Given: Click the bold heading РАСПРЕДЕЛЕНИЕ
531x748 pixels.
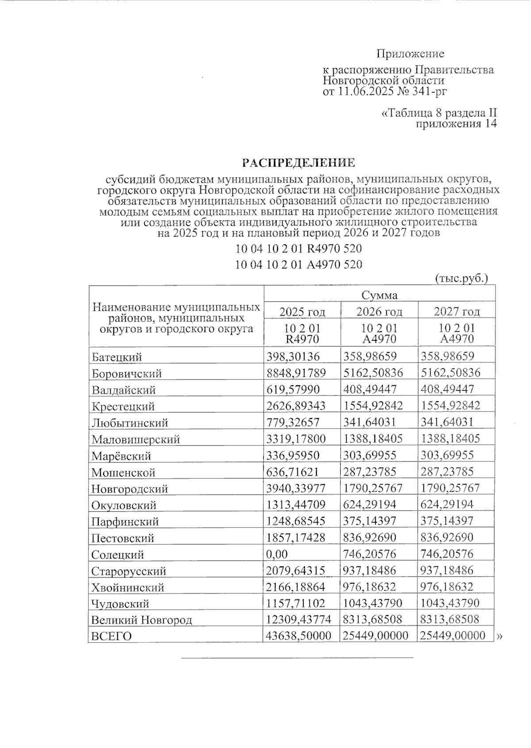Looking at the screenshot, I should (x=299, y=163).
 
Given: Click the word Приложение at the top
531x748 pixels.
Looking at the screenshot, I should (x=410, y=54).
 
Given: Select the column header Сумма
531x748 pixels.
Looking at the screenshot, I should (x=379, y=295).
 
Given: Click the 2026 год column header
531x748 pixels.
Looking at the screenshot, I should (x=379, y=312).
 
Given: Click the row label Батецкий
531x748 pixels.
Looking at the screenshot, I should (x=117, y=357).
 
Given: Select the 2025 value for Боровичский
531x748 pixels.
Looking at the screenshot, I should (x=296, y=373).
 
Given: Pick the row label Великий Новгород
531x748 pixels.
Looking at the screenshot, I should (x=142, y=620).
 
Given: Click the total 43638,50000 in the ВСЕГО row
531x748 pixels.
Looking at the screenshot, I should (x=298, y=636).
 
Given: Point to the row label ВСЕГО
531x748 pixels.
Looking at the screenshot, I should (x=112, y=636).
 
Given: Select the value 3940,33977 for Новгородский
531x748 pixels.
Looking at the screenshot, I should (x=296, y=488).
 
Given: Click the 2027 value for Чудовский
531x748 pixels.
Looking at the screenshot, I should (x=450, y=603).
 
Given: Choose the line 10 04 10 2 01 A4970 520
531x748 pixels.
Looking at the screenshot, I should (x=299, y=265).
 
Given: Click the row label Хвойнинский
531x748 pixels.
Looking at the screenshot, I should (x=127, y=587).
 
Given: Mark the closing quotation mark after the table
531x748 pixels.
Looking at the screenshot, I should (x=500, y=637).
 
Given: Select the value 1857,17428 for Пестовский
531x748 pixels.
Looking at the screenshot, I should (x=296, y=538).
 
